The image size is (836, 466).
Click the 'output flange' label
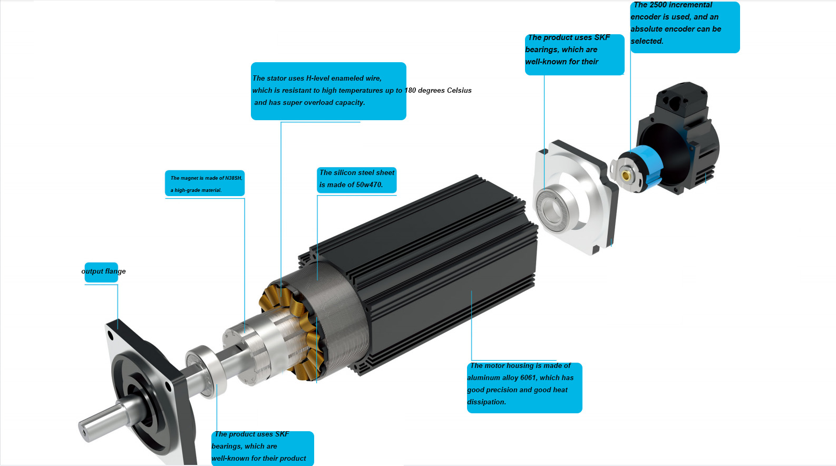click(103, 271)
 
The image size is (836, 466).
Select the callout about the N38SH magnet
click(205, 183)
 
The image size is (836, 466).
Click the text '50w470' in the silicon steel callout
click(369, 185)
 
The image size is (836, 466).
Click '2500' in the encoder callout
click(658, 5)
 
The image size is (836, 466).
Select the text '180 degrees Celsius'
click(438, 91)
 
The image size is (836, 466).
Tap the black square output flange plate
click(137, 390)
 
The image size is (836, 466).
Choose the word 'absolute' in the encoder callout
click(646, 30)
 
